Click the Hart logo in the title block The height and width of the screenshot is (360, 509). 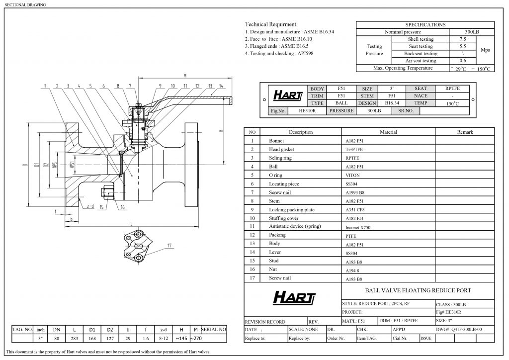[x=293, y=298]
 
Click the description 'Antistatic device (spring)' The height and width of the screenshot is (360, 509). [x=295, y=226]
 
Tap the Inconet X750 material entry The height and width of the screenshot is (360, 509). [x=358, y=227]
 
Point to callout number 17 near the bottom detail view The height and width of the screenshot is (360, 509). [x=170, y=245]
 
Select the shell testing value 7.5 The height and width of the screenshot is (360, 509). [x=463, y=39]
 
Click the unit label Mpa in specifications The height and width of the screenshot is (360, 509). [x=485, y=50]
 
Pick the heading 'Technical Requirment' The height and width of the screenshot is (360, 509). [x=270, y=24]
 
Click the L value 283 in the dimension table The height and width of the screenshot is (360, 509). [x=75, y=339]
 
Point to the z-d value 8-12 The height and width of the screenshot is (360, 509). [x=163, y=339]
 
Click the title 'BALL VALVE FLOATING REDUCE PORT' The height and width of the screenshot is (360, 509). [x=418, y=290]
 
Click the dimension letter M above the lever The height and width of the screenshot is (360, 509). [x=184, y=76]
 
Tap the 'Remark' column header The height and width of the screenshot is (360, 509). [x=465, y=132]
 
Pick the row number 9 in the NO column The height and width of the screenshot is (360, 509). [x=252, y=209]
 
